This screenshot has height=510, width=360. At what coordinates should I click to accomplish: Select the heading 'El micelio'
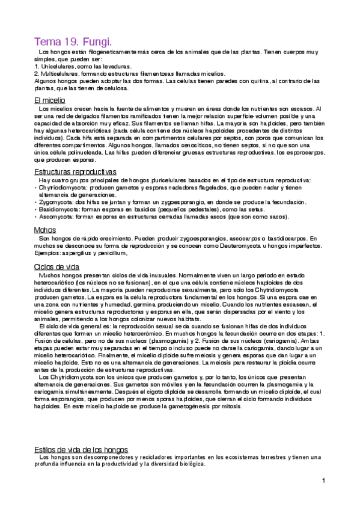tap(50, 99)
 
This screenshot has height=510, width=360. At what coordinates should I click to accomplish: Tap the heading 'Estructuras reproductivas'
tap(75, 171)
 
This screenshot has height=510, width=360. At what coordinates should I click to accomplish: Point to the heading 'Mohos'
tap(46, 230)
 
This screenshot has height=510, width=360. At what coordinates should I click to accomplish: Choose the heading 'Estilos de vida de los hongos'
tap(81, 449)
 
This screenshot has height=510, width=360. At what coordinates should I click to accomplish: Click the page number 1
tap(323, 481)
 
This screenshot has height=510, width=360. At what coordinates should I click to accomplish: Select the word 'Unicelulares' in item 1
tap(56, 66)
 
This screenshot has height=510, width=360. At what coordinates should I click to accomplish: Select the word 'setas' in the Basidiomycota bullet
tap(232, 209)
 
